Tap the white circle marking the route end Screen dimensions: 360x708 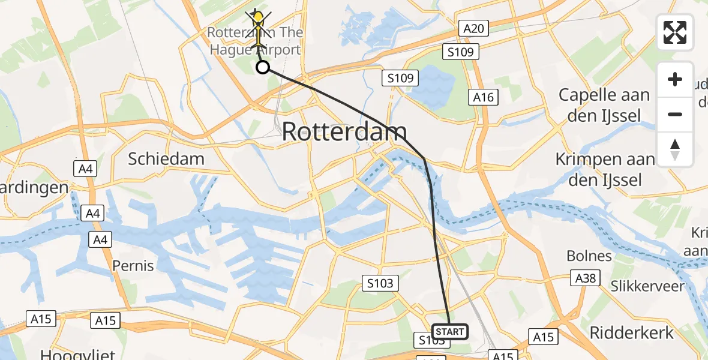tap(263, 67)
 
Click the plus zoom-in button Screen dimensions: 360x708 tap(675, 79)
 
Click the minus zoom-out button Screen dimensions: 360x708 tap(675, 114)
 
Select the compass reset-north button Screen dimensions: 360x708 tap(675, 149)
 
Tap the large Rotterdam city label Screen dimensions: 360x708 tap(344, 131)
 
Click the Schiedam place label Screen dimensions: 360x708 tap(166, 159)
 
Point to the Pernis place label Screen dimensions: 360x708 tap(133, 265)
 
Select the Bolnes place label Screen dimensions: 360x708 tap(589, 256)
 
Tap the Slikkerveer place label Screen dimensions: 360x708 tap(647, 286)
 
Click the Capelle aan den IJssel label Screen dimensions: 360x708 tap(604, 104)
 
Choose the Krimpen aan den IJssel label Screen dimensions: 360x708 tap(604, 169)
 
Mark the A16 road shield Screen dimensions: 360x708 tap(484, 97)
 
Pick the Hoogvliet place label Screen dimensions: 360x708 tap(70, 354)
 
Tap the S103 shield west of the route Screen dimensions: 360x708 tap(380, 283)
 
